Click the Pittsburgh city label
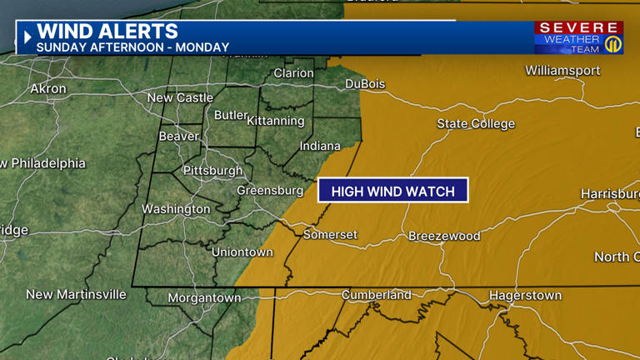[213, 171]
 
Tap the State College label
[476, 124]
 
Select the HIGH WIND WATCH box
[393, 191]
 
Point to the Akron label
[47, 88]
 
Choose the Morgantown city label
[204, 297]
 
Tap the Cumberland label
[377, 295]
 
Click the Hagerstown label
[525, 296]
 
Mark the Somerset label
[330, 235]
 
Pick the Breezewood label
[444, 236]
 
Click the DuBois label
[365, 84]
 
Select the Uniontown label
[242, 252]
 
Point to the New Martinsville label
[76, 294]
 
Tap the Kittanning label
[275, 121]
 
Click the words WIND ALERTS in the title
[107, 32]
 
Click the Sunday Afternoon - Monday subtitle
[132, 47]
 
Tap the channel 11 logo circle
[612, 43]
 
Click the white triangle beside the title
[27, 37]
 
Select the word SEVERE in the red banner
[577, 28]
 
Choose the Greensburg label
[270, 191]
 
